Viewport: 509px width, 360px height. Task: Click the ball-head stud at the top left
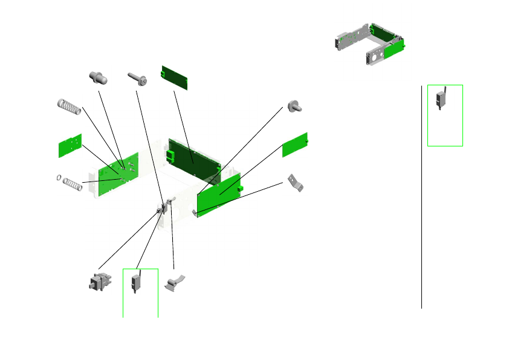(x=97, y=77)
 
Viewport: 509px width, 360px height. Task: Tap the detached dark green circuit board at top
(x=174, y=77)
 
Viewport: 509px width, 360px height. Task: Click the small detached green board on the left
(x=70, y=146)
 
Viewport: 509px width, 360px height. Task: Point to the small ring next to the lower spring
(x=57, y=178)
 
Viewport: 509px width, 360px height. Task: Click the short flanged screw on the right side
(x=294, y=106)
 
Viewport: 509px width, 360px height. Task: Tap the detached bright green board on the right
(x=295, y=144)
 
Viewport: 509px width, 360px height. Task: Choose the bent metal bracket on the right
(x=294, y=183)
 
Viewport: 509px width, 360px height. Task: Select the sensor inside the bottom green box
(x=136, y=283)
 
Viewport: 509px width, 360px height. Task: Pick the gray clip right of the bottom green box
(x=176, y=283)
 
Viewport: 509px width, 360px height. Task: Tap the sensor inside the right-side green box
(x=442, y=99)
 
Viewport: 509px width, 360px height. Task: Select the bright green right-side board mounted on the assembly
(x=219, y=195)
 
